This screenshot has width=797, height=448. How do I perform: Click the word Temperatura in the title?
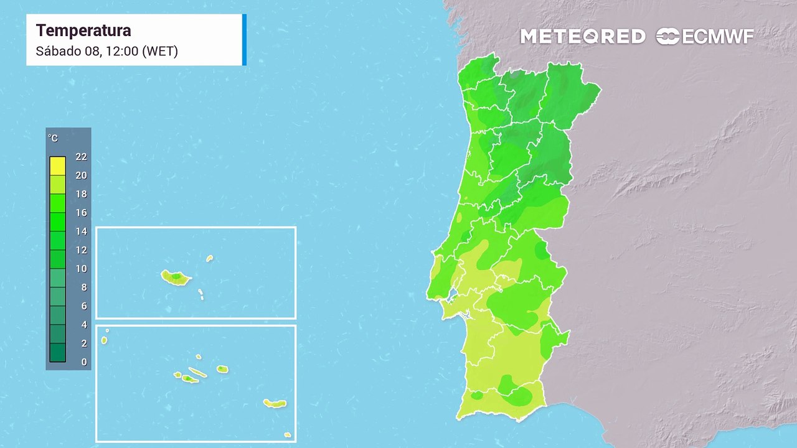tap(83, 30)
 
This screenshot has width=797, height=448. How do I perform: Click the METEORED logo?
tap(583, 37)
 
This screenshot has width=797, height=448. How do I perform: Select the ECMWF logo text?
tap(718, 37)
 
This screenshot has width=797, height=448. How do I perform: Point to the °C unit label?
tap(53, 138)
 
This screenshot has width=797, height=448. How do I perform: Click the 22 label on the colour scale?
tap(81, 157)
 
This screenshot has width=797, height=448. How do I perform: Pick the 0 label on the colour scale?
tap(84, 362)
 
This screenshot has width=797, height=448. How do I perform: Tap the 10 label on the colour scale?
tap(81, 269)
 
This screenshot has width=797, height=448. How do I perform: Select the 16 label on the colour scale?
tap(81, 213)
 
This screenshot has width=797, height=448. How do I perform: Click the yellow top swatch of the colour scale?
tap(57, 166)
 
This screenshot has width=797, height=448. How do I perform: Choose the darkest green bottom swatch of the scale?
tap(57, 353)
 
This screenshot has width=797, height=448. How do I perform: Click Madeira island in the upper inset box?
tap(176, 278)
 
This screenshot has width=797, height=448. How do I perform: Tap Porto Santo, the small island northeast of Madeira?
tap(210, 258)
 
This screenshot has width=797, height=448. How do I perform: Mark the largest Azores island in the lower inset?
tap(275, 404)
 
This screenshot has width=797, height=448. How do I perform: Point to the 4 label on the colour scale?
tap(84, 325)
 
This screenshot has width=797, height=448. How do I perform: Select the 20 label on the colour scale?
tap(81, 175)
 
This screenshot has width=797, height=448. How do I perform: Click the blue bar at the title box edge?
tap(244, 39)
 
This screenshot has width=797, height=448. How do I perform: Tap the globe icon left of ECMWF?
tap(667, 37)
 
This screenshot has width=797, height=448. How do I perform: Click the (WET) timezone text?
tap(161, 51)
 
